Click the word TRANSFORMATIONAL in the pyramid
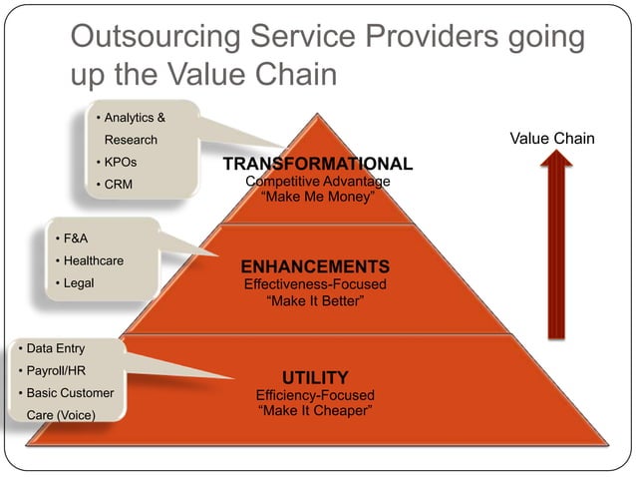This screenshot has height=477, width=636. pos(317,164)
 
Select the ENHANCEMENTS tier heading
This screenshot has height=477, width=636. pos(314,266)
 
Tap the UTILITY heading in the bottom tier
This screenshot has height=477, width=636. pos(315,377)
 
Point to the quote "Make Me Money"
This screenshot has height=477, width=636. pos(317,197)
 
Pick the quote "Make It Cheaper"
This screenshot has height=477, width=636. pos(315,410)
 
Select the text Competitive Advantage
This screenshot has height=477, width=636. pos(317,181)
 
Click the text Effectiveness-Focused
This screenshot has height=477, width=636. pos(314,284)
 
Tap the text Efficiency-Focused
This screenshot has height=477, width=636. pos(315,394)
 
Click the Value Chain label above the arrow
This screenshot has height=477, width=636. pos(551,139)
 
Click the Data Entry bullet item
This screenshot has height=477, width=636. pos(55,348)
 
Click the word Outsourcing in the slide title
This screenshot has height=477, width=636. pos(160,38)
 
